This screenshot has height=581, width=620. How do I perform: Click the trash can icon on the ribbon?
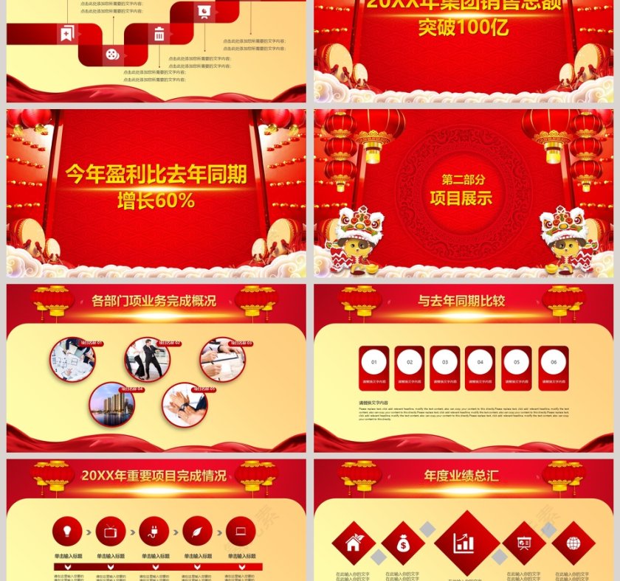pyautogui.click(x=159, y=33)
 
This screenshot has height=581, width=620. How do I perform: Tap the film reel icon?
pyautogui.click(x=111, y=54)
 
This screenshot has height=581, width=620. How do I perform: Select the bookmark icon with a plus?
pyautogui.click(x=67, y=33)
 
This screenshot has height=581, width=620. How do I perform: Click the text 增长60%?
pyautogui.click(x=156, y=200)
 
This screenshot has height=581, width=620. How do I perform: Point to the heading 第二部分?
pyautogui.click(x=464, y=180)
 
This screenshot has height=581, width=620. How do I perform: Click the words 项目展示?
pyautogui.click(x=461, y=198)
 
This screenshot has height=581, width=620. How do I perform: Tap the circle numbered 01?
pyautogui.click(x=373, y=362)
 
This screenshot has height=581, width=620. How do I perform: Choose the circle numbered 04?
pyautogui.click(x=480, y=362)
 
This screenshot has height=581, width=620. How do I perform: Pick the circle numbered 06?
pyautogui.click(x=553, y=362)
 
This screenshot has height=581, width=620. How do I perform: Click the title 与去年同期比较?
pyautogui.click(x=461, y=301)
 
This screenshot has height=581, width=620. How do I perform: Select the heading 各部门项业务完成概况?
pyautogui.click(x=154, y=301)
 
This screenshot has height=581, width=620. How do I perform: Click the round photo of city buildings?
pyautogui.click(x=112, y=405)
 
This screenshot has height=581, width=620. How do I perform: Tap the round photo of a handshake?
pyautogui.click(x=185, y=405)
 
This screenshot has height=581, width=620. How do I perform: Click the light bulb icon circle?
pyautogui.click(x=67, y=531)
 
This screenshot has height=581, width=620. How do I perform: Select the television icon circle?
pyautogui.click(x=111, y=531)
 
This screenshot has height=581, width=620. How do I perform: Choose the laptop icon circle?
pyautogui.click(x=241, y=531)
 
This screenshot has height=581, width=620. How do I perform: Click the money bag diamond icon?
pyautogui.click(x=403, y=543)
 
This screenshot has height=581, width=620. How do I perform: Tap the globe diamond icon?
pyautogui.click(x=573, y=543)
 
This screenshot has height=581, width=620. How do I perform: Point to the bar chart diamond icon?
pyautogui.click(x=464, y=543)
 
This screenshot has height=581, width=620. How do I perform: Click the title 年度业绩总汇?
pyautogui.click(x=461, y=476)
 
